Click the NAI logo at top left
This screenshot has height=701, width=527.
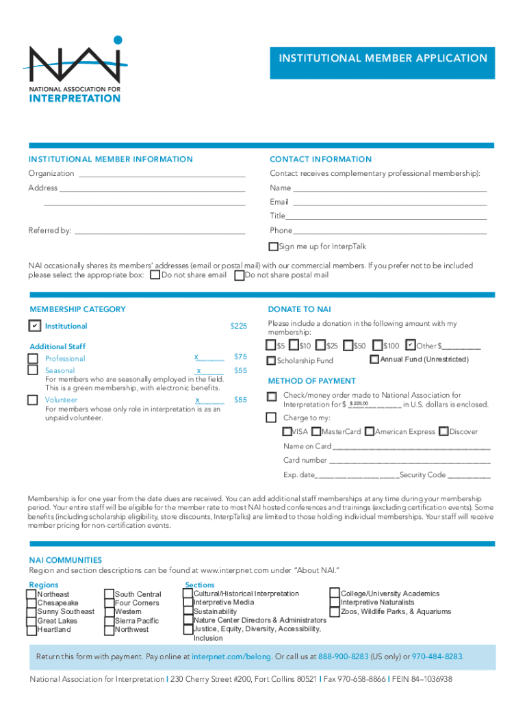[x=75, y=69]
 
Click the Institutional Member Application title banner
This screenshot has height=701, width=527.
[x=383, y=59]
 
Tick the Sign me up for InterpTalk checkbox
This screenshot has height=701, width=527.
[x=274, y=246]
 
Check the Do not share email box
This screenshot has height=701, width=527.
[x=155, y=275]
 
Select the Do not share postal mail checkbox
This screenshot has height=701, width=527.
[x=239, y=275]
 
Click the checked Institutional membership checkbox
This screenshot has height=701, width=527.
[x=34, y=326]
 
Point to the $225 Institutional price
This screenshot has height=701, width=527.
[x=238, y=327]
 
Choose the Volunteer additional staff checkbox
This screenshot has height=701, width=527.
[x=33, y=400]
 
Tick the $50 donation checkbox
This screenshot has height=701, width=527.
[x=348, y=346]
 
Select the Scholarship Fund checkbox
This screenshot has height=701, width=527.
[x=272, y=361]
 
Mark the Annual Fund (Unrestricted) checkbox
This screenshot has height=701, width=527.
[x=374, y=359]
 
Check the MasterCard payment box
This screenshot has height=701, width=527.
[x=316, y=432]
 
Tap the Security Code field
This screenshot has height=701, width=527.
[x=469, y=475]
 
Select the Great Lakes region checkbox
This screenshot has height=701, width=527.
[x=31, y=621]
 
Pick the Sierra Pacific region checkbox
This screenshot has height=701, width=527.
[x=109, y=621]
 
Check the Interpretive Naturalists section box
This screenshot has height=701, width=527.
[x=335, y=602]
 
